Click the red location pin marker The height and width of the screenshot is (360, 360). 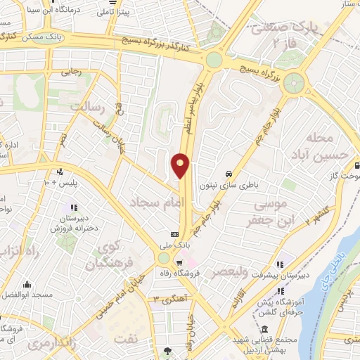(x=181, y=165)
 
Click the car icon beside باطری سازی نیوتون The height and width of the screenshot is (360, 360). (x=229, y=173)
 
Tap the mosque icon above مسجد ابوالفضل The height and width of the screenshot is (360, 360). (x=27, y=285)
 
